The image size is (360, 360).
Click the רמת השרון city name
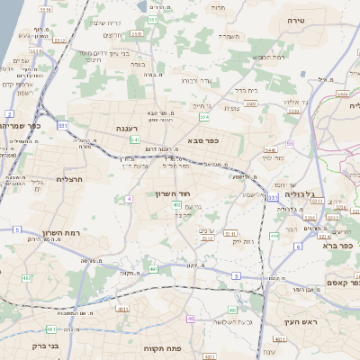tap(62, 233)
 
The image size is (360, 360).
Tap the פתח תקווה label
tap(163, 347)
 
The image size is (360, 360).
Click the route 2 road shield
tap(9, 114)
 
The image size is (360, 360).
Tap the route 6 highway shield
tap(298, 246)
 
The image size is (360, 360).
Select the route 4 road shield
tap(129, 198)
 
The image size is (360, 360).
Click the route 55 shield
tap(289, 143)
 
